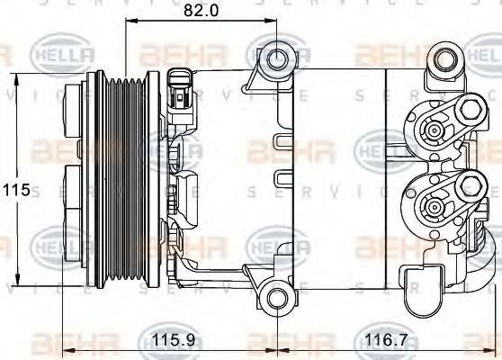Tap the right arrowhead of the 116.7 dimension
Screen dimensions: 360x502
coord(493,353)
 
